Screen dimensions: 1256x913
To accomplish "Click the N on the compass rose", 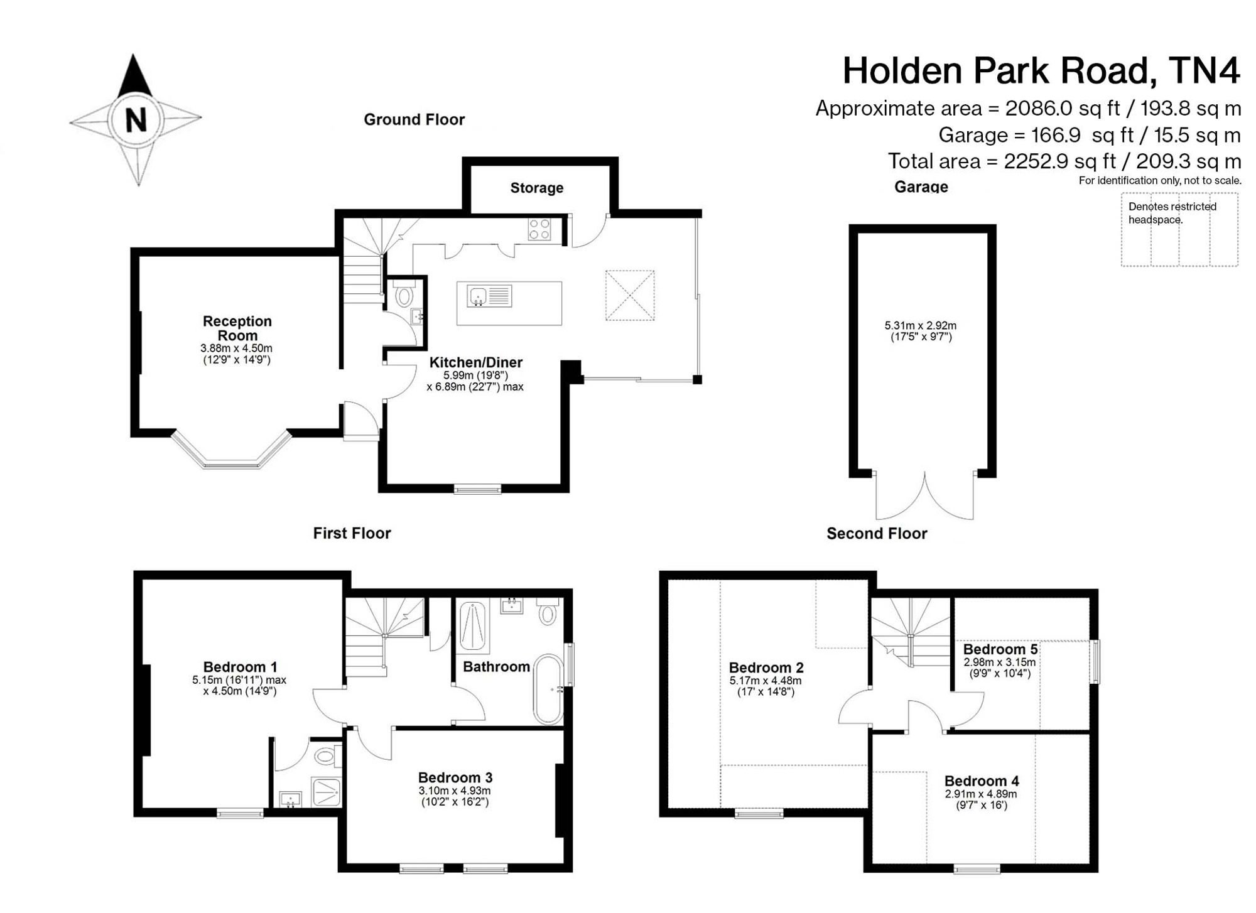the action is pos(136,119).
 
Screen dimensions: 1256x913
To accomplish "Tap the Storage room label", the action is pos(536,188).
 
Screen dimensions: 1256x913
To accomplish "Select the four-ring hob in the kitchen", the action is pos(539,229).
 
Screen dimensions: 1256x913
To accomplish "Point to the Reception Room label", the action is pos(237,328).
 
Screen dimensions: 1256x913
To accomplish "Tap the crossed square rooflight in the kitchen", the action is pos(630,295).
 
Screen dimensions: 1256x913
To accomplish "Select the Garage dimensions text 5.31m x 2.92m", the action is pos(921,325).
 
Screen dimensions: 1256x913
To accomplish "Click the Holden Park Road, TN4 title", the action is pos(1041,70).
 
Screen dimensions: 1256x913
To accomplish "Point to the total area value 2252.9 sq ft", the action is pos(1059,162).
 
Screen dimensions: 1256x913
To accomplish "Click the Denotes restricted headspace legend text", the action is pos(1172,213).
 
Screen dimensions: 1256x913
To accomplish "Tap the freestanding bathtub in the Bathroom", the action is pos(549,690).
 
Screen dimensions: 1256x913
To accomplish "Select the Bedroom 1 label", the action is pos(240,667).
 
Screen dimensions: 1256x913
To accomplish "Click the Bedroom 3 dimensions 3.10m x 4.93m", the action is pos(455,791).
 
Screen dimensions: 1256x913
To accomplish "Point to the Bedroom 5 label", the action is pos(1000,649).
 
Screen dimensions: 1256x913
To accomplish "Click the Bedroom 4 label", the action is pos(982,781).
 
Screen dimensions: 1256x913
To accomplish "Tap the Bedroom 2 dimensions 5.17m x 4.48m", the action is pos(766,681).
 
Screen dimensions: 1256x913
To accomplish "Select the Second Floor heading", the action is pos(877,534).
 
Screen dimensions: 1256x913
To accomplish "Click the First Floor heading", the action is pos(352,533).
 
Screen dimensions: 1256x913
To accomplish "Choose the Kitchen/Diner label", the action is pos(476,362).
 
